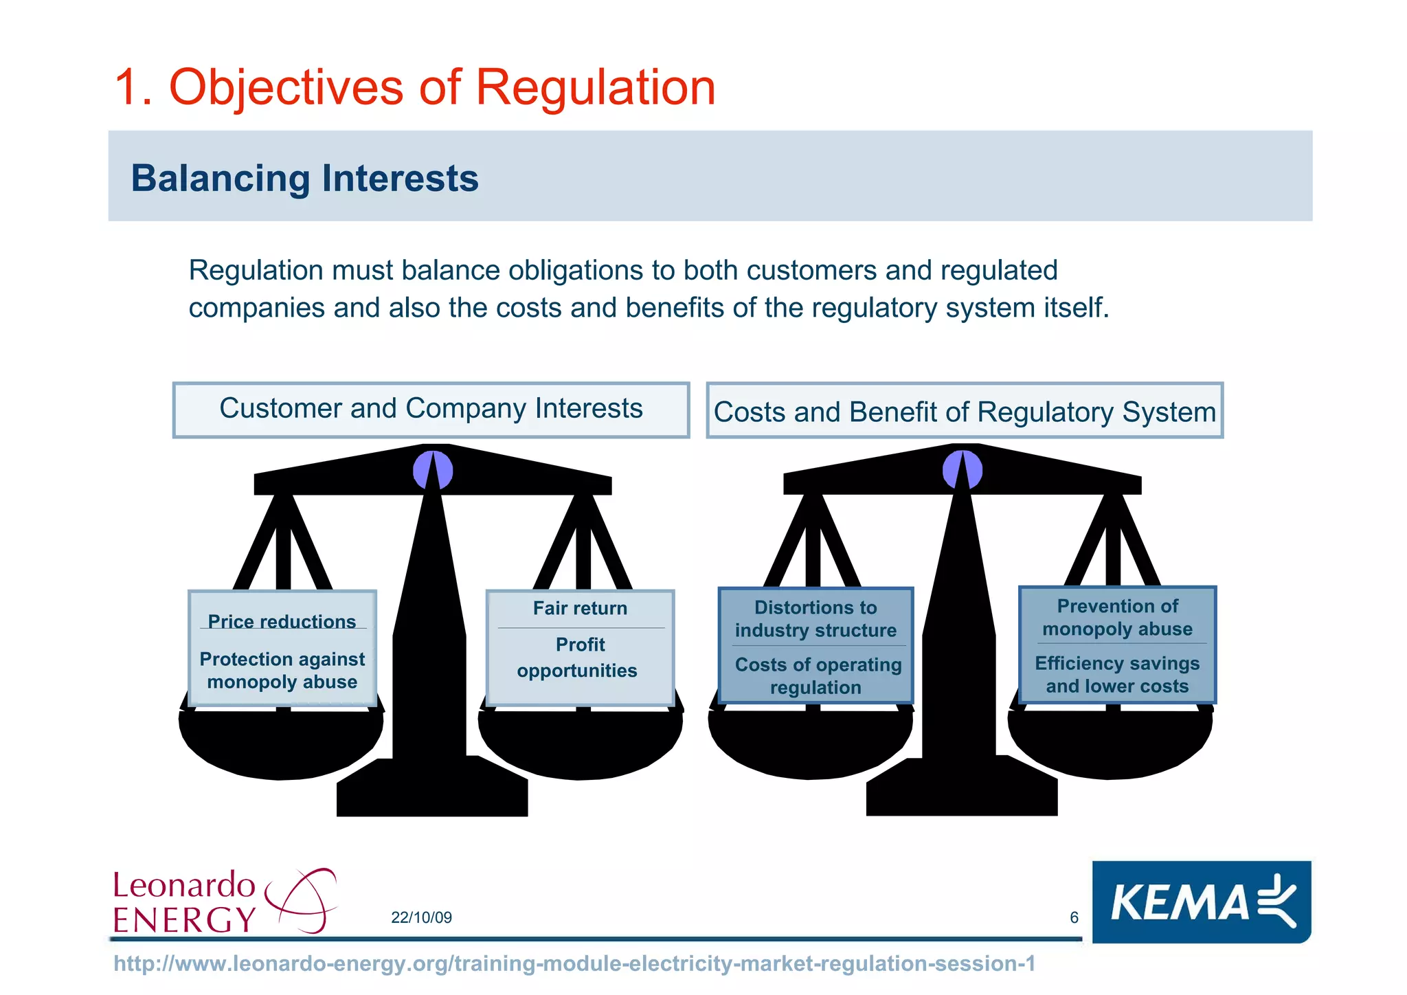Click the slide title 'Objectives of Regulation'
(x=415, y=87)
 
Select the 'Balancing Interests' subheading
(x=304, y=178)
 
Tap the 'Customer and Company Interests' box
(x=431, y=409)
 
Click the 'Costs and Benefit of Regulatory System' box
(x=965, y=412)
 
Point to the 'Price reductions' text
(x=282, y=621)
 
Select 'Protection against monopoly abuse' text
(x=282, y=671)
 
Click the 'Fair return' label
(x=580, y=608)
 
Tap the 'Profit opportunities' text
(x=578, y=658)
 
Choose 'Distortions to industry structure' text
(x=815, y=618)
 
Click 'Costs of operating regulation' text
(x=817, y=676)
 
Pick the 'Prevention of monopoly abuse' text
(x=1117, y=617)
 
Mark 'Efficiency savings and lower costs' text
(x=1117, y=675)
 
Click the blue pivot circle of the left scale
(x=433, y=471)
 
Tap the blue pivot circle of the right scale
(x=963, y=470)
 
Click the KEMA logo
(x=1201, y=902)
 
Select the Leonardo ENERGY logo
(x=224, y=901)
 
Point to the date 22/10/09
(x=421, y=917)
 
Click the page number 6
(x=1074, y=917)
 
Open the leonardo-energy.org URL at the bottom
(x=574, y=963)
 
